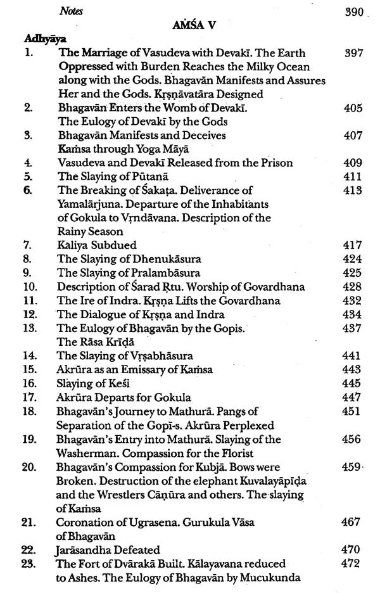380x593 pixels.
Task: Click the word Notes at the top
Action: [71, 11]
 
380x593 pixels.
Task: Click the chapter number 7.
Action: [27, 245]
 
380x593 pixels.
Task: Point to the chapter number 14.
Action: [29, 355]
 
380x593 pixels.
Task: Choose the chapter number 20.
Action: [29, 467]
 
